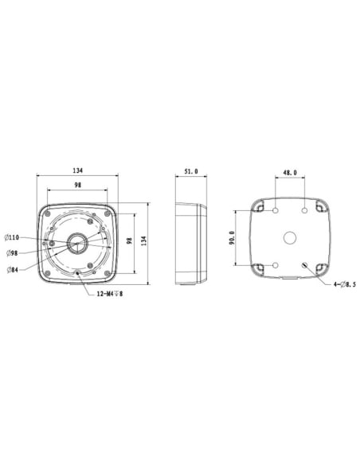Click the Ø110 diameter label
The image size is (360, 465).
point(14,237)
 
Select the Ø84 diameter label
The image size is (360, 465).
point(14,269)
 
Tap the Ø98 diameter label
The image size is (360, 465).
point(14,253)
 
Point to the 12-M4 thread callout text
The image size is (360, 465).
point(107,294)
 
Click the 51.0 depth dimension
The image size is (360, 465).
point(191,171)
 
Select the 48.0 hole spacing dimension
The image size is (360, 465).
point(290,171)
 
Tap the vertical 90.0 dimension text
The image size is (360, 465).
point(232,239)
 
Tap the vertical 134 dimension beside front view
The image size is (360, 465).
point(144,240)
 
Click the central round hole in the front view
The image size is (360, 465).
point(80,242)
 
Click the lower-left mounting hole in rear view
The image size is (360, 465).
point(274,266)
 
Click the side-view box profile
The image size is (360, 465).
point(190,240)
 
